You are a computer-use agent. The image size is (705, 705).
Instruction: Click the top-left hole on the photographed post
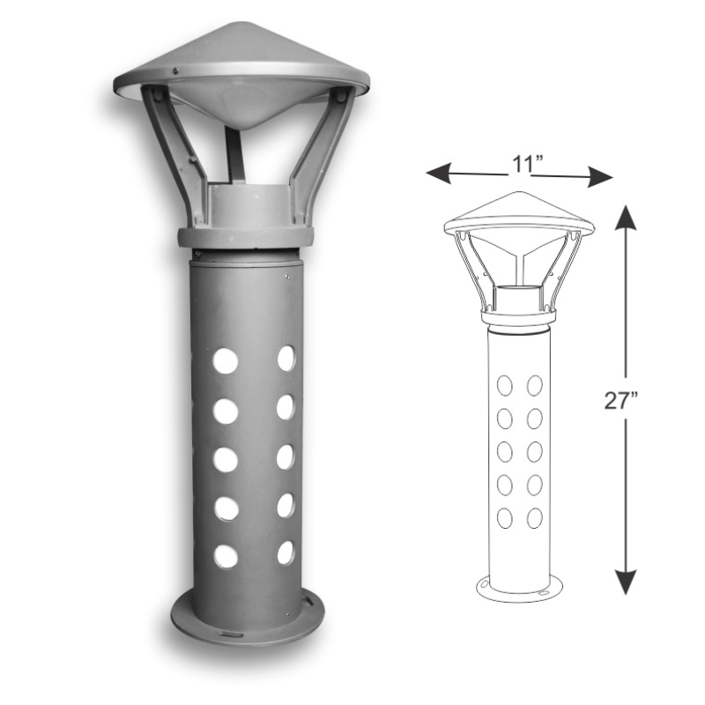[x=226, y=360]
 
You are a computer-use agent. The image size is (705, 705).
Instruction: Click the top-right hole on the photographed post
[x=286, y=358]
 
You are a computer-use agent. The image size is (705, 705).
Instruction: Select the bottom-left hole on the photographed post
[x=226, y=556]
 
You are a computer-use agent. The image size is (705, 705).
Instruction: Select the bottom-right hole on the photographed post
[x=286, y=553]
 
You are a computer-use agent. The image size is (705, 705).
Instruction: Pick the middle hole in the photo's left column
[x=226, y=460]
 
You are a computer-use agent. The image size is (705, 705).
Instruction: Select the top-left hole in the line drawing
[x=505, y=385]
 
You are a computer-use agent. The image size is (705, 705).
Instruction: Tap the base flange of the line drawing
[x=519, y=590]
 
